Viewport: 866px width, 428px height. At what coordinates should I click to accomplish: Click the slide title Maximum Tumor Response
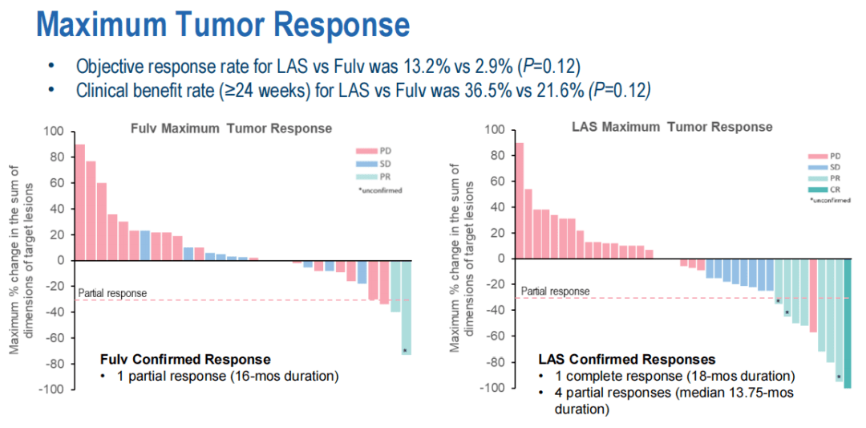[x=223, y=25]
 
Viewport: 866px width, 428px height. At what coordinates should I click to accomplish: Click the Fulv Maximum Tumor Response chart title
[x=232, y=128]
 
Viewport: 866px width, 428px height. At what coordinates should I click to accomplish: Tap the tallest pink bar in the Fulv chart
[x=79, y=202]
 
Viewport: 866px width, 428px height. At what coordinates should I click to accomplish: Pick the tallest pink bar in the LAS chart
[x=519, y=200]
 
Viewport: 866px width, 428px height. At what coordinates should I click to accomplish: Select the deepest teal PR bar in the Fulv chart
[x=406, y=307]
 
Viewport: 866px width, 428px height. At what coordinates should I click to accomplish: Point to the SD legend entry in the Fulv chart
[x=374, y=163]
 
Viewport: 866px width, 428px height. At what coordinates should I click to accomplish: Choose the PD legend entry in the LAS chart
[x=825, y=156]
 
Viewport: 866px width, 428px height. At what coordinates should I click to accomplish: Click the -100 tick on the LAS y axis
[x=492, y=389]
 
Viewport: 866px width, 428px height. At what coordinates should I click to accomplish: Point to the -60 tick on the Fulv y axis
[x=54, y=338]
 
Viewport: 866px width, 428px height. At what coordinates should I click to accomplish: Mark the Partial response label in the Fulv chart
[x=113, y=293]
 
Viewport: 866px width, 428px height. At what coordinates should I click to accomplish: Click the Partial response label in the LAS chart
[x=555, y=291]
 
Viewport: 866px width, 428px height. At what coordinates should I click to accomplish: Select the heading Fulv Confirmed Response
[x=184, y=359]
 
